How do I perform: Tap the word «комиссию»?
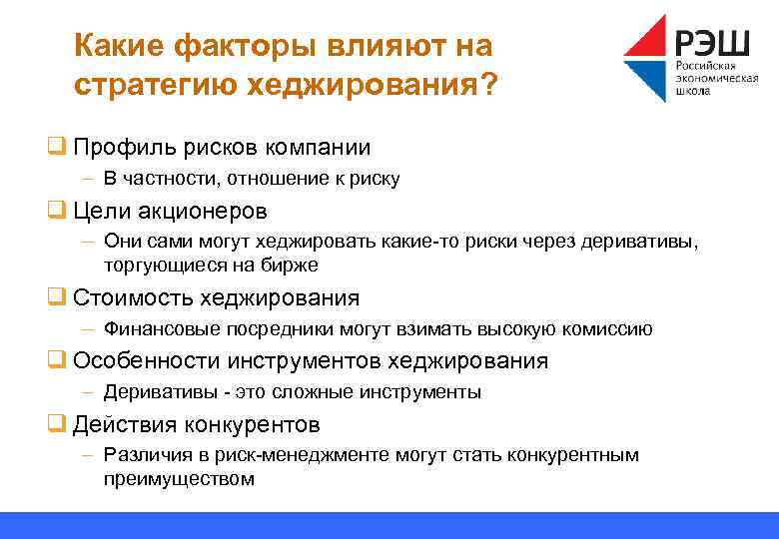tap(610, 328)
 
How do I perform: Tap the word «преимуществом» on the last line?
tap(179, 478)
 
